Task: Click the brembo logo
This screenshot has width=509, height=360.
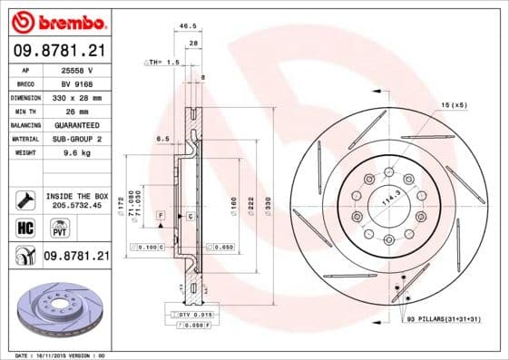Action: [x=56, y=20]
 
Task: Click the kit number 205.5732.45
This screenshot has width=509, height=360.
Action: [x=76, y=206]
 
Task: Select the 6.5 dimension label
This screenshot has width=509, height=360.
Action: [x=163, y=138]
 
